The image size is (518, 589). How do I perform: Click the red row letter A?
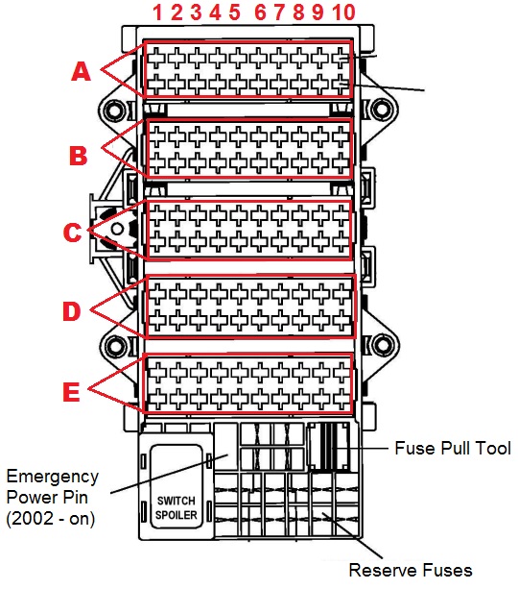[x=81, y=71]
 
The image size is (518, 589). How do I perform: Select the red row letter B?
[x=79, y=156]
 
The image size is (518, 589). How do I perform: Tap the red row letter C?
[x=72, y=233]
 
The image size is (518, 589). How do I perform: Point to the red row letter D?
[x=72, y=311]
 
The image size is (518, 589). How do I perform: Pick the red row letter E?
[x=71, y=392]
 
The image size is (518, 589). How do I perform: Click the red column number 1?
[x=157, y=12]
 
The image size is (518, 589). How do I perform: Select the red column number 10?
[x=343, y=12]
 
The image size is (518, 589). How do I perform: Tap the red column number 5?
[x=234, y=12]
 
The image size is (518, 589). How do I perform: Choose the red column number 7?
[x=279, y=12]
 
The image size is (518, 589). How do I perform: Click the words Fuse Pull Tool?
[x=453, y=448]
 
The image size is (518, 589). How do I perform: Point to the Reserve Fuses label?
[x=411, y=570]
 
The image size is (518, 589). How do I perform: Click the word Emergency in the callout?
[x=53, y=478]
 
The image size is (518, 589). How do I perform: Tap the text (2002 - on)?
[x=51, y=519]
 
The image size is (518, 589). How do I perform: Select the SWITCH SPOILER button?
[x=176, y=486]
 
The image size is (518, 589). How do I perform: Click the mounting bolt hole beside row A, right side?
[x=382, y=110]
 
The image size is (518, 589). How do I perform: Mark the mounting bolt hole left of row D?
[x=115, y=346]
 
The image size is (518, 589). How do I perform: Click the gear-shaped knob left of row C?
[x=117, y=229]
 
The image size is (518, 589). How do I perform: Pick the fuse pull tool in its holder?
[x=329, y=446]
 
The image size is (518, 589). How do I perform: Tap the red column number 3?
[x=196, y=12]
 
